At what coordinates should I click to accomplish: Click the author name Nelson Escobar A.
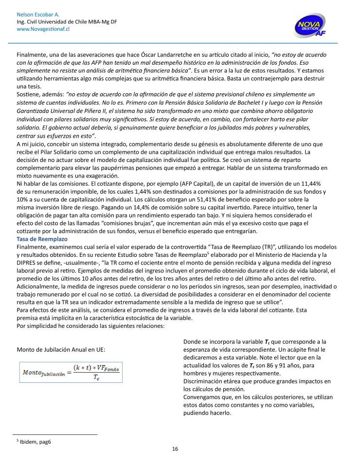(x=37, y=15)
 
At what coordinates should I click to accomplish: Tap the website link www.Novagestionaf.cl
(x=43, y=29)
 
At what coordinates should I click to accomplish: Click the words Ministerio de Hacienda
(x=273, y=255)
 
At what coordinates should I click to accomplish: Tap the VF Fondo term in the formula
(x=111, y=368)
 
